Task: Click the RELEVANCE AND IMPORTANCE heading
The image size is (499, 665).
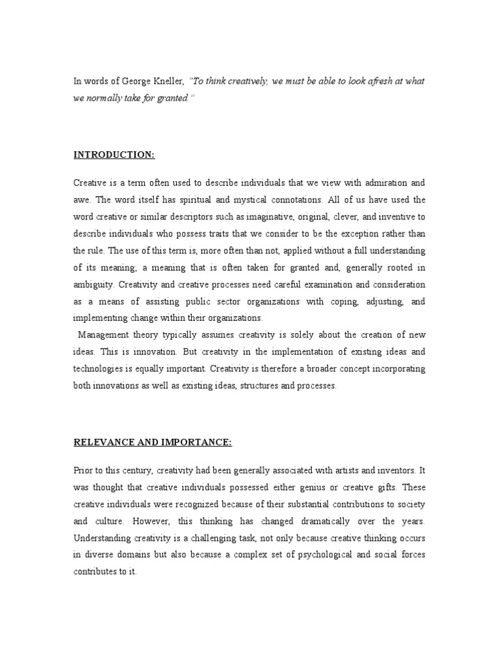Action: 152,442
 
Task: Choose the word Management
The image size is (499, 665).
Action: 106,335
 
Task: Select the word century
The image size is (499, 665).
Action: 143,471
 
